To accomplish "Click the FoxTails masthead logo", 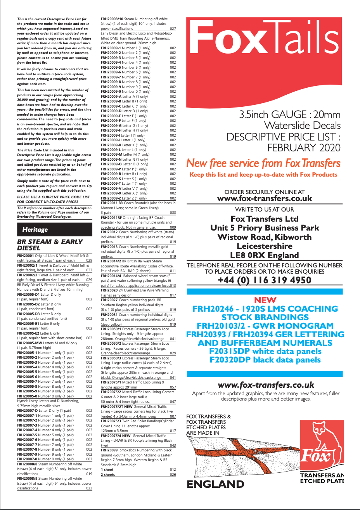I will [264, 41].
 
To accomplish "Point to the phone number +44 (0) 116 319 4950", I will [265, 280].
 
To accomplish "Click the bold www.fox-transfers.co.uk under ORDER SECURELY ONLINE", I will [265, 199].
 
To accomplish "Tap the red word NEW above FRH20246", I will [265, 300].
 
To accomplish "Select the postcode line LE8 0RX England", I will [265, 255].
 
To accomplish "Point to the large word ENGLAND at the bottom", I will [216, 484].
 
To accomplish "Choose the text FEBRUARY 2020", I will [304, 148].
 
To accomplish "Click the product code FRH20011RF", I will [111, 218].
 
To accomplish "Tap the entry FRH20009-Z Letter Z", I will [124, 198].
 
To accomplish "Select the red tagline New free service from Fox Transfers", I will [263, 163].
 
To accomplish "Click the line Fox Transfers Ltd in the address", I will [265, 219].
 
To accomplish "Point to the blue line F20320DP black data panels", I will [265, 360].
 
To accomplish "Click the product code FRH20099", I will [109, 450].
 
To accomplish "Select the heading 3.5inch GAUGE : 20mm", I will [290, 115].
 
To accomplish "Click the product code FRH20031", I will [109, 315].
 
